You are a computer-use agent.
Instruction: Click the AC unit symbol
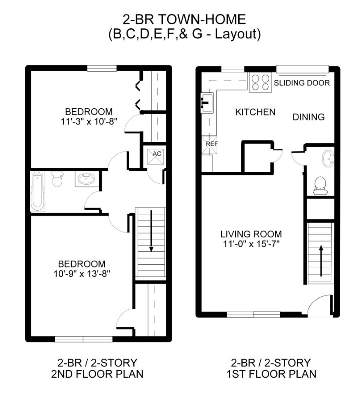pyautogui.click(x=155, y=156)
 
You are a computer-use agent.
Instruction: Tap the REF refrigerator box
pyautogui.click(x=210, y=145)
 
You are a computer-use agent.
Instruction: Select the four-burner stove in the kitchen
pyautogui.click(x=261, y=83)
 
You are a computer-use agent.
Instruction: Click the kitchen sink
pyautogui.click(x=207, y=102)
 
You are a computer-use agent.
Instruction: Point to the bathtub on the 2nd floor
pyautogui.click(x=37, y=191)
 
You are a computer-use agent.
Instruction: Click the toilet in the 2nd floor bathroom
pyautogui.click(x=57, y=179)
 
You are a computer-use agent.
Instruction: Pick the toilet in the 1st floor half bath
pyautogui.click(x=320, y=186)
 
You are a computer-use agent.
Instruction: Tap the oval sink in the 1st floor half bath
pyautogui.click(x=328, y=158)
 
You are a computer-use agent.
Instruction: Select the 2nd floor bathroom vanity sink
pyautogui.click(x=86, y=178)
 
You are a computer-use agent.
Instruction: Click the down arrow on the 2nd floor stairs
pyautogui.click(x=151, y=231)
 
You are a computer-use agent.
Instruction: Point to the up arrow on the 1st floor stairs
pyautogui.click(x=321, y=261)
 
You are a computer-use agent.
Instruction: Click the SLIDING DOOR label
pyautogui.click(x=301, y=83)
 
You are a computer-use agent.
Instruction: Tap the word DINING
pyautogui.click(x=308, y=117)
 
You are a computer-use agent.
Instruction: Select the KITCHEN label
pyautogui.click(x=255, y=112)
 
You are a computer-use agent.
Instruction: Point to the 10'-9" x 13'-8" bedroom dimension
pyautogui.click(x=82, y=274)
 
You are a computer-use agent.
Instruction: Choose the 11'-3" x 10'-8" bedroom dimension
pyautogui.click(x=89, y=121)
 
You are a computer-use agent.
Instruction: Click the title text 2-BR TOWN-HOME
pyautogui.click(x=184, y=19)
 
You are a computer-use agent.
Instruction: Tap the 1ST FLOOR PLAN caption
pyautogui.click(x=271, y=374)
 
